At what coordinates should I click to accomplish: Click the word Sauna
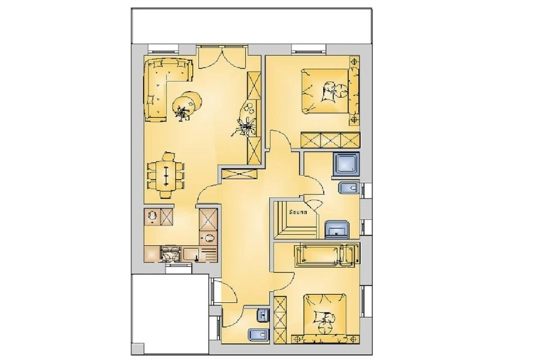298,212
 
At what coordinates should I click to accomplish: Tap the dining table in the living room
166,175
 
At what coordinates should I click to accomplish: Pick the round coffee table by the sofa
187,103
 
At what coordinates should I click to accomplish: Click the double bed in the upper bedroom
325,91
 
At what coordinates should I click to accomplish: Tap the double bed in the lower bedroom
325,314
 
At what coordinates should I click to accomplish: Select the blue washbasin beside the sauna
337,229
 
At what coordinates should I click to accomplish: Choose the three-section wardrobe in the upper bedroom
330,140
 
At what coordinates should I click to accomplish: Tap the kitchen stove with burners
170,253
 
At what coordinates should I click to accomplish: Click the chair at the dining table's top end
168,156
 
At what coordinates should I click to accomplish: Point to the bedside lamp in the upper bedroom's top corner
354,62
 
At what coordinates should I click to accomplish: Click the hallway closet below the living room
239,174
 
